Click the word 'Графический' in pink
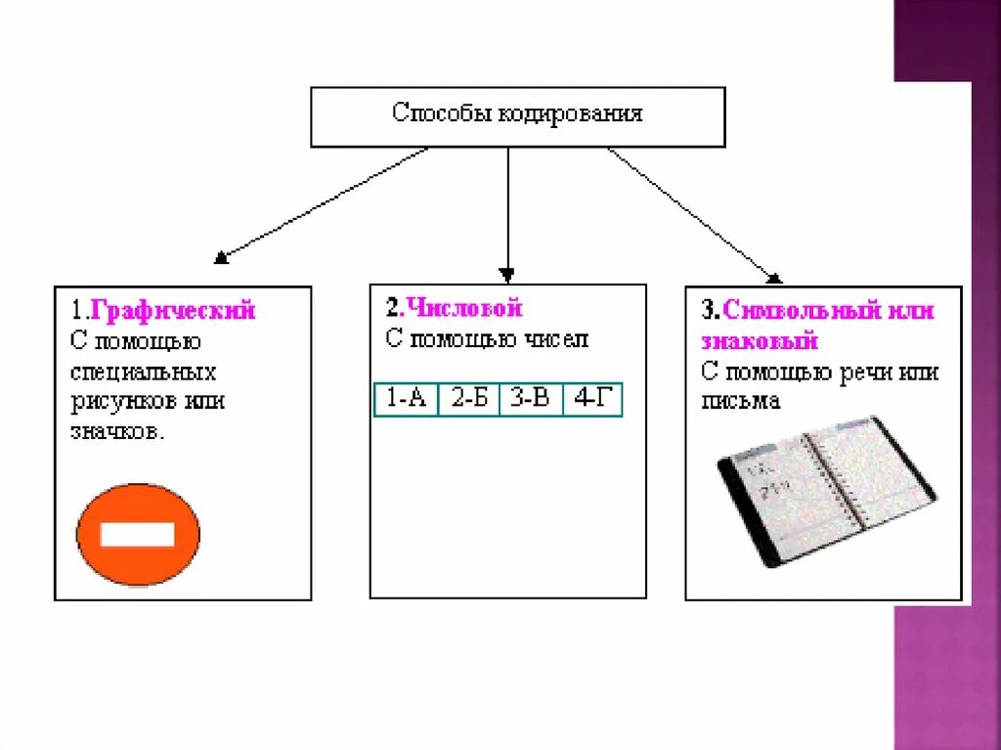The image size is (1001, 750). click(x=173, y=311)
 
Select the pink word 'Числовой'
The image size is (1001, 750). click(x=465, y=309)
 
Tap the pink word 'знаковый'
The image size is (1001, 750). click(x=760, y=342)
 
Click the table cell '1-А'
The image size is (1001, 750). click(x=407, y=400)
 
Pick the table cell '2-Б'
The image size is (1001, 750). click(x=468, y=400)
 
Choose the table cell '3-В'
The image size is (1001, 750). click(x=530, y=400)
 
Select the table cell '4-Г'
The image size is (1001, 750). click(x=592, y=400)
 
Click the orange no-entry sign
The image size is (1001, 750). click(x=138, y=535)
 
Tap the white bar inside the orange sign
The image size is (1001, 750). click(x=138, y=535)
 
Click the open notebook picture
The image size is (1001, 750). click(x=826, y=492)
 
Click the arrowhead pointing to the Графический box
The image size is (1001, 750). click(x=222, y=258)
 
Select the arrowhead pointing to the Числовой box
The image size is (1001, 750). click(x=506, y=274)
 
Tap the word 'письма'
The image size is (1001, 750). click(x=740, y=402)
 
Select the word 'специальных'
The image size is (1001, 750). click(x=144, y=373)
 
